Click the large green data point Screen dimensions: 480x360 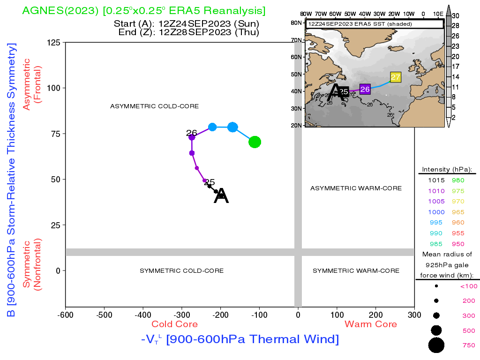point(255,142)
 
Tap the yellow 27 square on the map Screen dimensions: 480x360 point(396,77)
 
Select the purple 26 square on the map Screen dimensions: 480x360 point(365,89)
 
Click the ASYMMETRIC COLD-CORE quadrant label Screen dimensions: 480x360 point(154,106)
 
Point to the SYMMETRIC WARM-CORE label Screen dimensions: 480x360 point(356,270)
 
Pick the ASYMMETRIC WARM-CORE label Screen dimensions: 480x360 point(356,188)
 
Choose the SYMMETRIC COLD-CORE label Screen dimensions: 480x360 point(181,270)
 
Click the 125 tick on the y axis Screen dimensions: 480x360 point(53,42)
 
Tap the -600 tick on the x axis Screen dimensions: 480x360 point(65,315)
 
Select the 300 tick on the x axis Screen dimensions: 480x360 point(414,315)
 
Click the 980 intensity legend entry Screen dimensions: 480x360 point(458,180)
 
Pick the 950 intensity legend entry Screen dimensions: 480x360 point(458,244)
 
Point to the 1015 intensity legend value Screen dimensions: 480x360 point(436,180)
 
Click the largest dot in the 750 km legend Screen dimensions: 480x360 point(436,345)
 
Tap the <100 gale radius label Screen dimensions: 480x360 point(469,286)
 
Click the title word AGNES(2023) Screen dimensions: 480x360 point(60,11)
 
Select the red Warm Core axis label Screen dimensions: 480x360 point(371,324)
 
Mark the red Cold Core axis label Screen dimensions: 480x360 point(174,324)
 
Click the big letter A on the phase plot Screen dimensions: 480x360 point(221,195)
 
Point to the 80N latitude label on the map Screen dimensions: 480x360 point(296,23)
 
